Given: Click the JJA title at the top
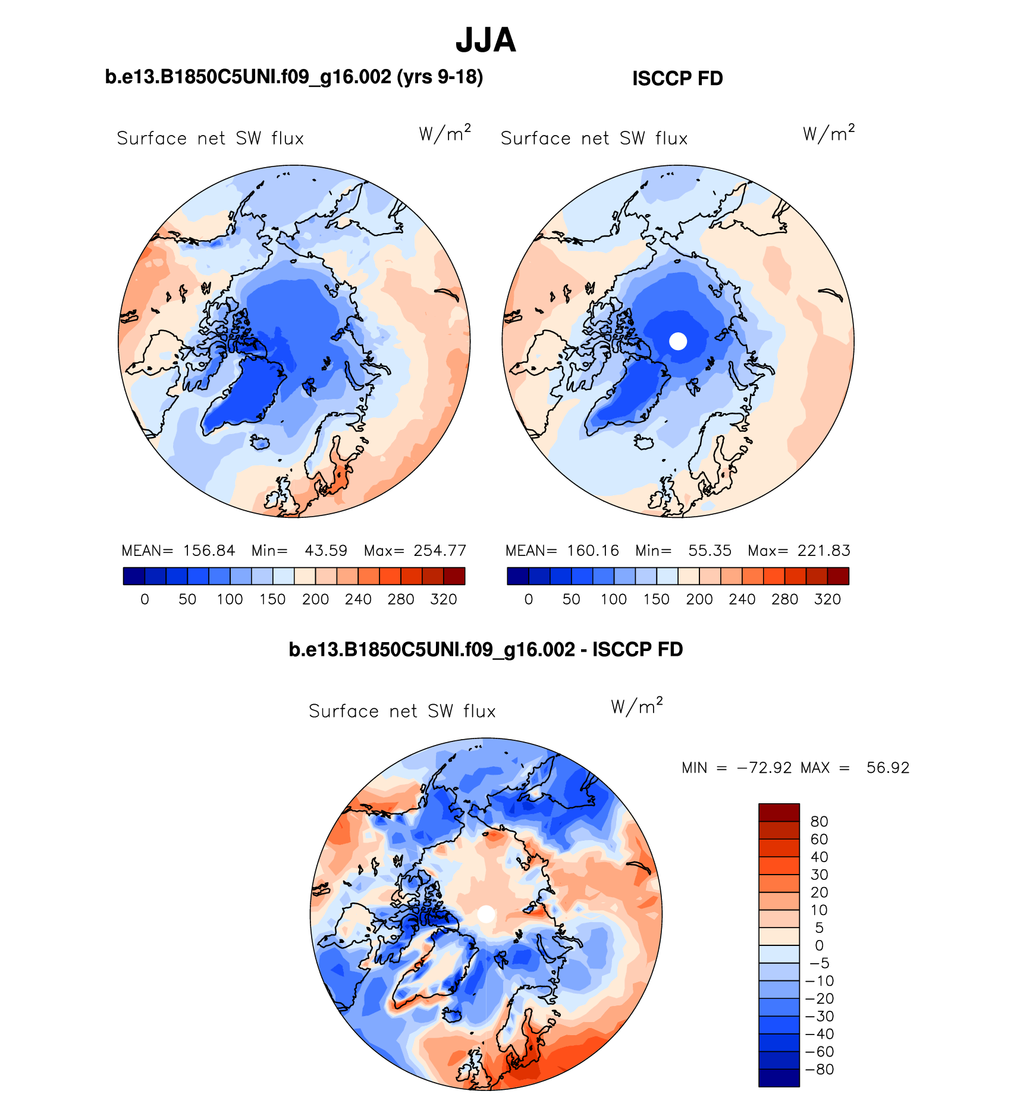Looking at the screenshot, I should (485, 40).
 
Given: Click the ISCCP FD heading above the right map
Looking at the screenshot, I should (677, 78).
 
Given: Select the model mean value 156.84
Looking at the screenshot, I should (209, 551).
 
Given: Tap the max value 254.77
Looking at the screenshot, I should (440, 551).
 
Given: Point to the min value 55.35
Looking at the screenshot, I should (710, 551).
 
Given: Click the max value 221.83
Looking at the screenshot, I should (824, 551).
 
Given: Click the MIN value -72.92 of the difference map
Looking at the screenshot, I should (764, 768).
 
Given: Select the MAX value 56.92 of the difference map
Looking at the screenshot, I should (888, 768).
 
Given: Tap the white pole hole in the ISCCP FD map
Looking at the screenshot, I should (678, 341).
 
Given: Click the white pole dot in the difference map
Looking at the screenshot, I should (486, 914).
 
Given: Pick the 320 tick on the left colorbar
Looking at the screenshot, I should (444, 599).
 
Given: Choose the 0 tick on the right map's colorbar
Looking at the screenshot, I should (529, 599).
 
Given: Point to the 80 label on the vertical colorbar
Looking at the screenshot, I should (819, 822).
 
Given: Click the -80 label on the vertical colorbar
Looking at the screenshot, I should (820, 1069).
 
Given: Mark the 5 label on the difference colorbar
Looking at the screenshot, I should (819, 928).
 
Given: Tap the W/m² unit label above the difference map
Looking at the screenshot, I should (636, 706).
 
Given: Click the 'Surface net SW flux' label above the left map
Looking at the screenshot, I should (210, 139).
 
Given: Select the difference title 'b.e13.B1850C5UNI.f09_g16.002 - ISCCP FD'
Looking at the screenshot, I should (485, 649).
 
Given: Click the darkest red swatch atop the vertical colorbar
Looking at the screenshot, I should (779, 812).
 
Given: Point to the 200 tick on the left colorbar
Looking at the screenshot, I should (315, 599).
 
